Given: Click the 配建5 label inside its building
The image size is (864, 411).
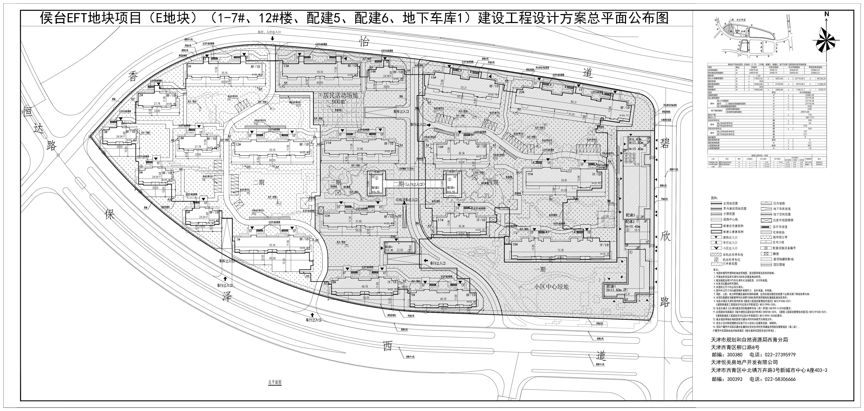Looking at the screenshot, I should (x=375, y=187).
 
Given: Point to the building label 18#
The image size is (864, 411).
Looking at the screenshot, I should (x=515, y=244).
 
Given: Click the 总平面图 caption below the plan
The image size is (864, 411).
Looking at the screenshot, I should (x=274, y=382).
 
